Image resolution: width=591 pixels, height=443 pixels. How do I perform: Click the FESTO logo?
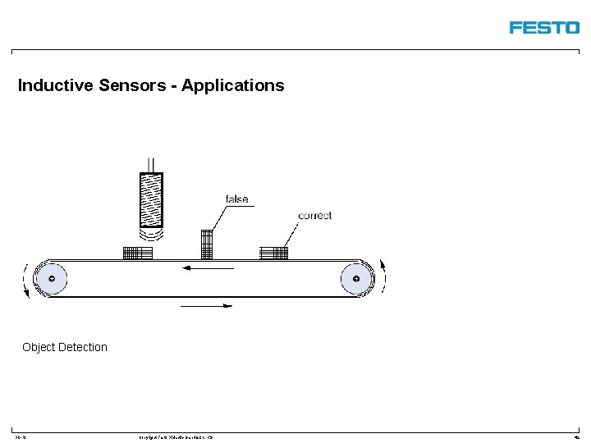(x=544, y=27)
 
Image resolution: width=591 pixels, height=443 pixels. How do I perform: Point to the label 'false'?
(x=236, y=199)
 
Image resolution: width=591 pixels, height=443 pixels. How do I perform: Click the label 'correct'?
(x=314, y=216)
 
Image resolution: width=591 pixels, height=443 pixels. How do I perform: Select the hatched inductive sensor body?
(x=151, y=199)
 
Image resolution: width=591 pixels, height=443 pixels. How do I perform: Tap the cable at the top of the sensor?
(x=152, y=164)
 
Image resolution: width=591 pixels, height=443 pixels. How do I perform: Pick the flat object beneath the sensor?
(x=138, y=253)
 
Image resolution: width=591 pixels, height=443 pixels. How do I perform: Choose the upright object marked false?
(x=207, y=244)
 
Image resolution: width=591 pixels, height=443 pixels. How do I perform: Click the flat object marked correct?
(x=273, y=253)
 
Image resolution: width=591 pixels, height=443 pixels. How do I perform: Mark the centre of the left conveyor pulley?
(x=53, y=279)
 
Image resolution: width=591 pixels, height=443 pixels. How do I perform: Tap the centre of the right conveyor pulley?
(x=355, y=279)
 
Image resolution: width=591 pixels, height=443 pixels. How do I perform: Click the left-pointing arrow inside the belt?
(x=208, y=267)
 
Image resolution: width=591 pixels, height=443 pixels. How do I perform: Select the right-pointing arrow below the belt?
(x=206, y=306)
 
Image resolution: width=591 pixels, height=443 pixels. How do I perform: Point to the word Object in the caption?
(x=39, y=347)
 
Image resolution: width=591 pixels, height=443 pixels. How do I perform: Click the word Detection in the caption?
(x=83, y=347)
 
